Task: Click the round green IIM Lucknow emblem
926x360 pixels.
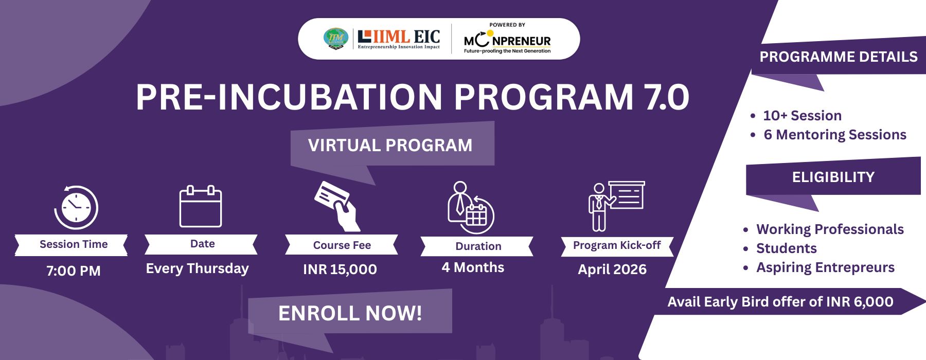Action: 336,39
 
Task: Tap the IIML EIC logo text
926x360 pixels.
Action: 399,39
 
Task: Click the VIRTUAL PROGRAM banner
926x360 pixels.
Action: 390,145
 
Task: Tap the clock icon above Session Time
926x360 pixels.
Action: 76,207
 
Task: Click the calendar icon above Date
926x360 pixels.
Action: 201,206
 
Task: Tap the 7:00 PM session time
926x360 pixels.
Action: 74,271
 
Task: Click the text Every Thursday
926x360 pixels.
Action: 197,268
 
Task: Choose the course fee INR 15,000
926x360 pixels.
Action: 340,269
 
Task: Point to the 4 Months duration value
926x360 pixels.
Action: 473,267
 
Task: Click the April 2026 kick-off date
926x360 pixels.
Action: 612,269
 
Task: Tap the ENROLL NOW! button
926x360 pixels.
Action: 350,313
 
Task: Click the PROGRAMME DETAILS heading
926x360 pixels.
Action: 839,57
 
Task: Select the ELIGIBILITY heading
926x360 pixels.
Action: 833,177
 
